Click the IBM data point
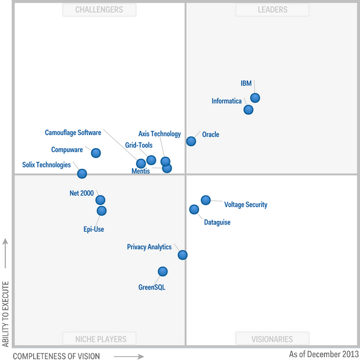pos(255,98)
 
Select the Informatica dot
pos(249,110)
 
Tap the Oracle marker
pos(191,141)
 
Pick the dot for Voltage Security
pos(205,200)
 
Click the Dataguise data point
pos(194,209)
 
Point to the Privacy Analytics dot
pos(182,255)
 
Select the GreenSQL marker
pos(162,271)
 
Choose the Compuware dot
pos(96,153)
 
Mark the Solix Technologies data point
pos(82,173)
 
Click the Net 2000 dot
pos(101,200)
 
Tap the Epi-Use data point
pos(102,210)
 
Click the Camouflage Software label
pos(73,133)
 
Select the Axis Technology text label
pos(159,134)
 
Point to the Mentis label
pos(140,171)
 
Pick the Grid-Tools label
pos(139,145)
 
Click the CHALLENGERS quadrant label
pos(99,9)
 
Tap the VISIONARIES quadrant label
pos(272,339)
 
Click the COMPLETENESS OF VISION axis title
pos(56,356)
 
